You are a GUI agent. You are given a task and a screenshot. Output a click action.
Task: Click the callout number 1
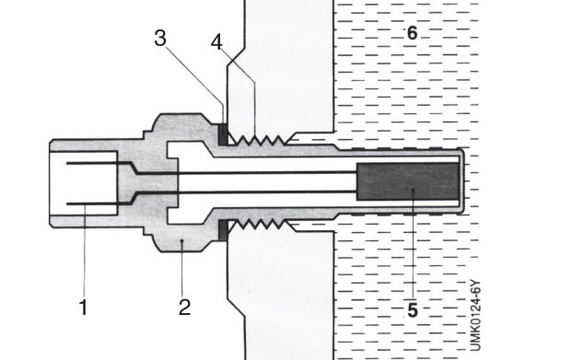coord(84,308)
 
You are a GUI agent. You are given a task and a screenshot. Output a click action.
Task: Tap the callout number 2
coord(184,308)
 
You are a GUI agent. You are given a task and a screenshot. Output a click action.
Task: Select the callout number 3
coord(160,38)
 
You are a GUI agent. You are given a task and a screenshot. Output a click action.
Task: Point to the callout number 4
coord(216,42)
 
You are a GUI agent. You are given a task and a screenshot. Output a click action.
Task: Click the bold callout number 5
coord(413,310)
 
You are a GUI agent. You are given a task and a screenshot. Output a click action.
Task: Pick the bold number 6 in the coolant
coord(412,33)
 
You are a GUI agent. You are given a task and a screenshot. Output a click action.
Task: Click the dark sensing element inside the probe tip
coord(407,181)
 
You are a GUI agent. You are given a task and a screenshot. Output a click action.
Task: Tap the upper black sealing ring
coord(223,134)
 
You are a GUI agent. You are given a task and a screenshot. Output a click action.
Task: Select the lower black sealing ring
coord(223,230)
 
